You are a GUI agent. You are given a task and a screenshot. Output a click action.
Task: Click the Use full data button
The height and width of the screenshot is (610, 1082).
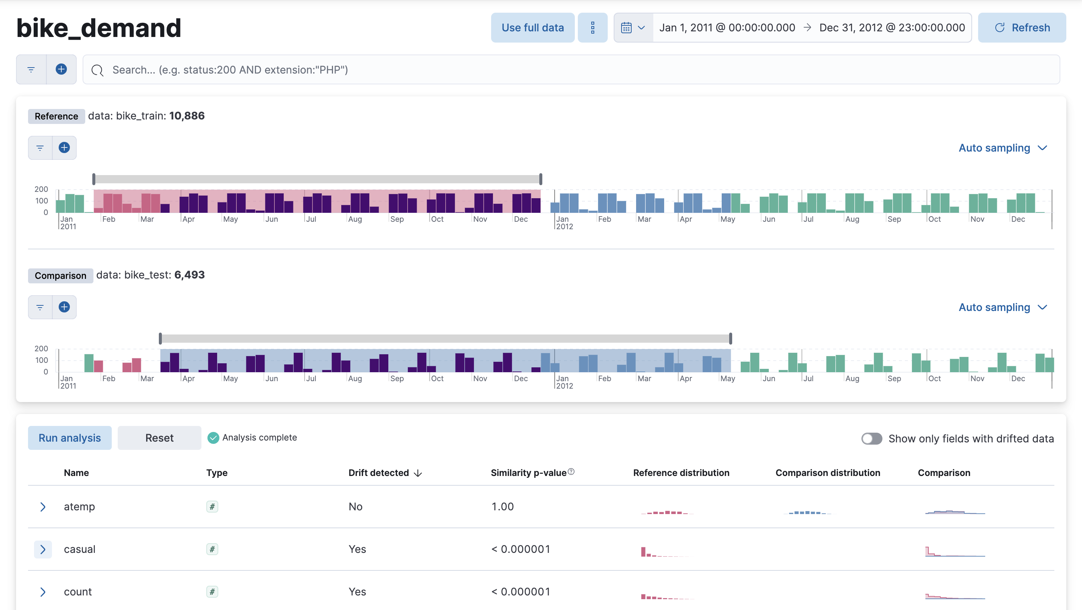(532, 28)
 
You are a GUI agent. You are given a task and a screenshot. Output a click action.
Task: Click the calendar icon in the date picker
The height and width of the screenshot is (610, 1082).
(626, 28)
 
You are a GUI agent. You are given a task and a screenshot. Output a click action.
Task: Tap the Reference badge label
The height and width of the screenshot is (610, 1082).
(56, 116)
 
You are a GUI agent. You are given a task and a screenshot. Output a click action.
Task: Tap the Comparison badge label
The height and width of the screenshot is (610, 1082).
(61, 276)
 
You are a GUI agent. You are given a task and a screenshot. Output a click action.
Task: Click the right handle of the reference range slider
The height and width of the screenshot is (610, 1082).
(540, 179)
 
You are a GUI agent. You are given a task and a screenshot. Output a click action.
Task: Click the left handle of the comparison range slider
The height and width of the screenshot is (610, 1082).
(160, 339)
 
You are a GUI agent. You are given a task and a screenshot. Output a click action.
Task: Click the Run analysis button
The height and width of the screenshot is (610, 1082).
(70, 438)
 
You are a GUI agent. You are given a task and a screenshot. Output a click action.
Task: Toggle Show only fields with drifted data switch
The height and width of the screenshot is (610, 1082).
(872, 438)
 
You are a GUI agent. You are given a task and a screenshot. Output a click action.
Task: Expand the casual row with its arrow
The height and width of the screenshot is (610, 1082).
(43, 549)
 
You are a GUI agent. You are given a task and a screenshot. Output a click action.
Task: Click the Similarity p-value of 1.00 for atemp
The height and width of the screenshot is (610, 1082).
(503, 507)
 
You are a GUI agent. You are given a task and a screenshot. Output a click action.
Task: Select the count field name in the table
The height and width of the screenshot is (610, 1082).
(78, 592)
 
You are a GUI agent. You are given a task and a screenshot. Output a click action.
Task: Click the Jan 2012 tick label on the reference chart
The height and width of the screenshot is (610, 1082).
(564, 223)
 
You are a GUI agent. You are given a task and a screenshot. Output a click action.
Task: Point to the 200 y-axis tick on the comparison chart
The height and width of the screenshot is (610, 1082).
(41, 349)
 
